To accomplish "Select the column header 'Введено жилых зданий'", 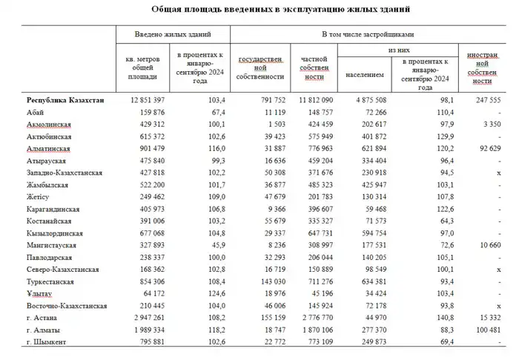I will [x=172, y=35].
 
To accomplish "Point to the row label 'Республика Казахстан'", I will [x=66, y=100].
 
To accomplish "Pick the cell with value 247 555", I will [x=485, y=100].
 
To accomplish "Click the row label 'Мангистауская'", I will [x=53, y=244].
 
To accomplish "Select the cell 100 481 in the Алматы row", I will [x=486, y=328].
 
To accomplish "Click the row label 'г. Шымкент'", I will [x=49, y=341].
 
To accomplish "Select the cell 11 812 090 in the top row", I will [x=311, y=100].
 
